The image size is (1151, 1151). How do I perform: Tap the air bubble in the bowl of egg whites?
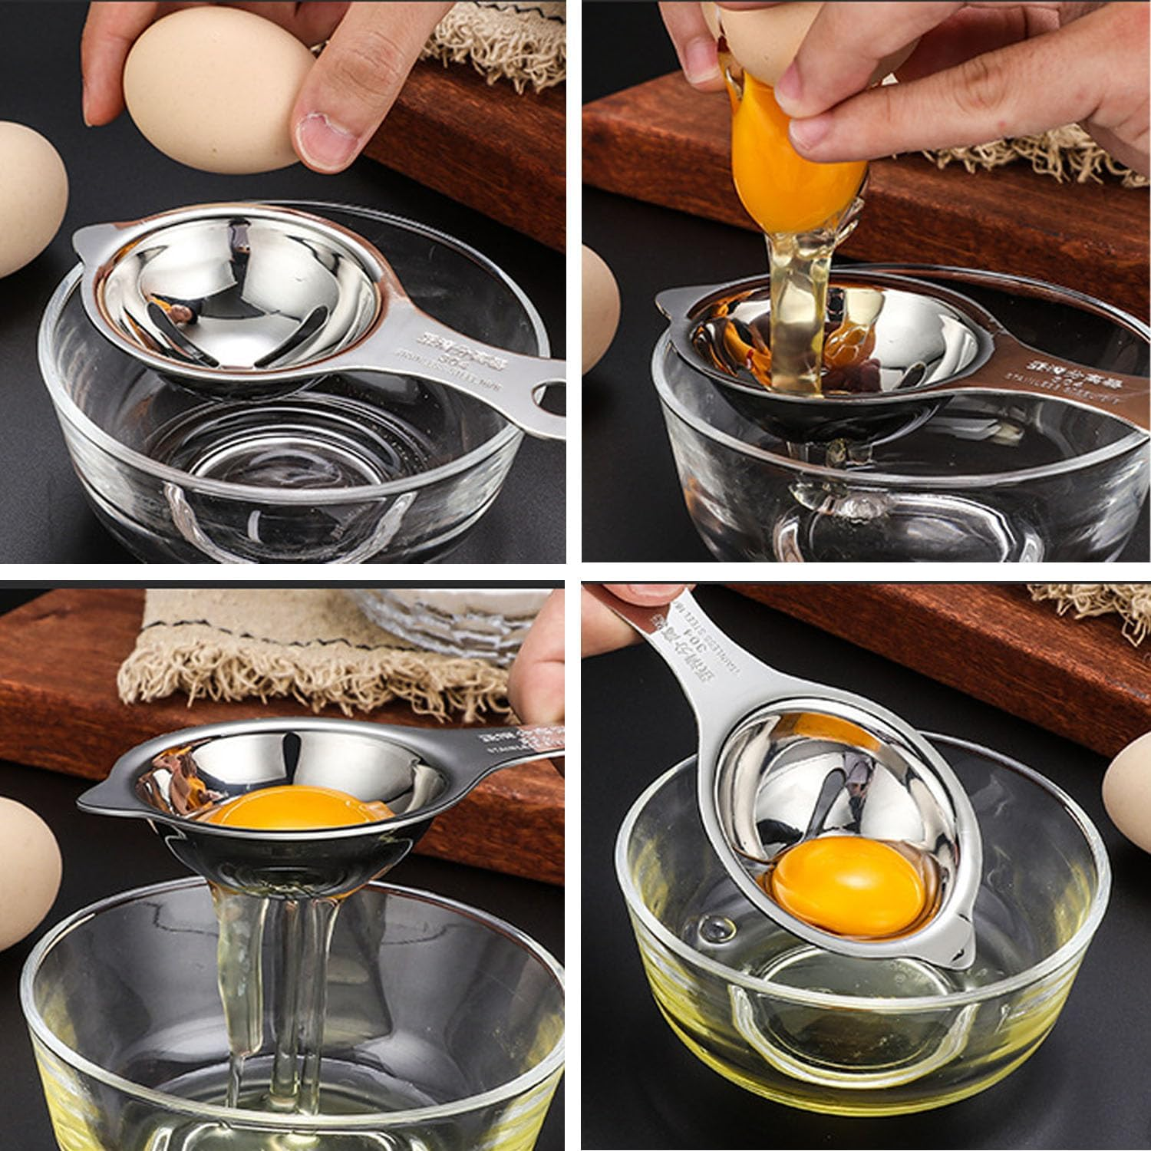721,928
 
